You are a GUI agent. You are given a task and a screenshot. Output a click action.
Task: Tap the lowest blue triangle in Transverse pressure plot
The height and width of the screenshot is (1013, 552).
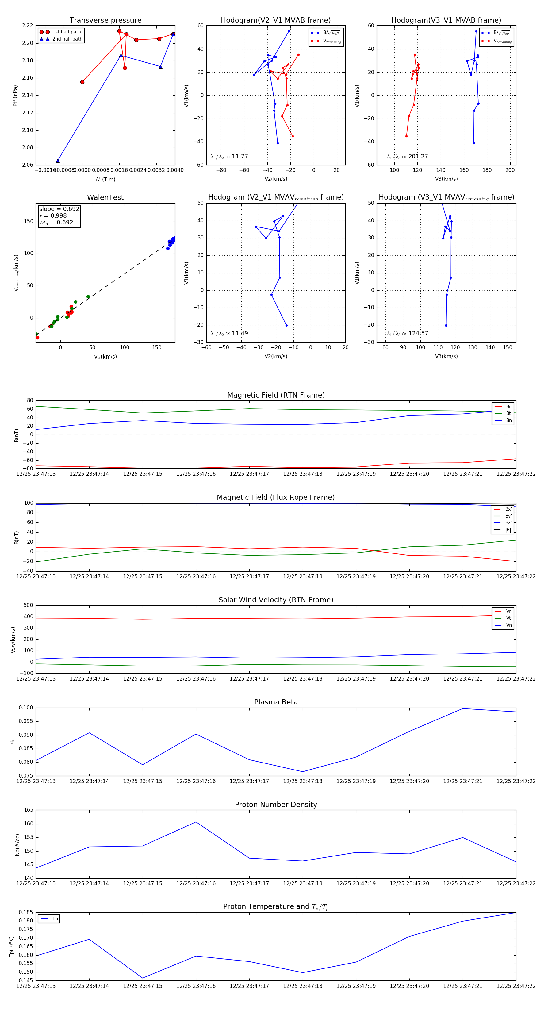pos(58,161)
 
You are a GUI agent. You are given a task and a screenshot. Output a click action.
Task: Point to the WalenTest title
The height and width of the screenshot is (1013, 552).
pos(105,197)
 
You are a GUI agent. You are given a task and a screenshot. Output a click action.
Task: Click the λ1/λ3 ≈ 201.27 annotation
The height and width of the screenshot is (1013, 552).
pos(408,157)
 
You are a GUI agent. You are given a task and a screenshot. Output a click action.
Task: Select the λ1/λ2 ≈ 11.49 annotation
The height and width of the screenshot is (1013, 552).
pos(229,333)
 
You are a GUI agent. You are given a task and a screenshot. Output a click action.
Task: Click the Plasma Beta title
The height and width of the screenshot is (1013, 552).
pos(276,702)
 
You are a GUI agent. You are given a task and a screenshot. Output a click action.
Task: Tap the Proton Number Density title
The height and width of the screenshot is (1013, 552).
pos(276,805)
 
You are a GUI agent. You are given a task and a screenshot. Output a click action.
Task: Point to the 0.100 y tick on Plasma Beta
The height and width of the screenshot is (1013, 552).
pos(26,708)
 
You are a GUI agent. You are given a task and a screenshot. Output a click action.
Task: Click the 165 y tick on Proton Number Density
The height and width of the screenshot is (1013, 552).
pos(29,810)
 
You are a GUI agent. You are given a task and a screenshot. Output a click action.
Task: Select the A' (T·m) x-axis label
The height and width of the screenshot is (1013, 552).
pos(105,180)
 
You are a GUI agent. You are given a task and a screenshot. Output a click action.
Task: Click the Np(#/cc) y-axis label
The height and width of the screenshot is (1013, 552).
pos(17,844)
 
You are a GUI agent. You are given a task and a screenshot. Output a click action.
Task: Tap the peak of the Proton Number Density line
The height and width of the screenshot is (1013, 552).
pos(196,822)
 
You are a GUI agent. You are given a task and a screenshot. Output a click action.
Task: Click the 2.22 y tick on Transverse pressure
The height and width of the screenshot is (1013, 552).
pos(28,25)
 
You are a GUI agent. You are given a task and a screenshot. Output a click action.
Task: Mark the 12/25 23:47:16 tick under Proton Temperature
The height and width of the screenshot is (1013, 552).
pos(196,986)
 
